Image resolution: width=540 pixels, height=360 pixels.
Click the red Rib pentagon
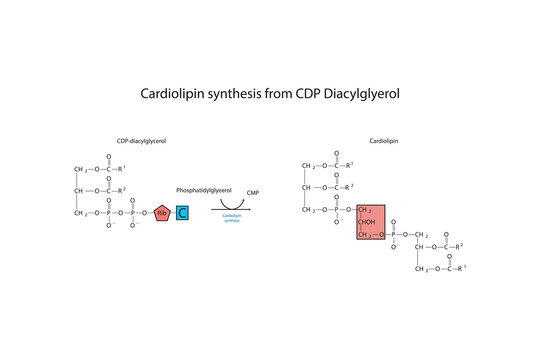pos(163,212)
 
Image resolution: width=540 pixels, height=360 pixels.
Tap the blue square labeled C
pos(183,212)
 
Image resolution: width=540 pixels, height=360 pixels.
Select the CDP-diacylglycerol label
pos(141,142)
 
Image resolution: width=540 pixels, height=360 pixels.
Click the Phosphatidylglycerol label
pos(203,189)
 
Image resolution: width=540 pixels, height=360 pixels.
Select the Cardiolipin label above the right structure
pos(382,142)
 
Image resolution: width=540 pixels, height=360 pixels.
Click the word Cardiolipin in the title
pos(171,92)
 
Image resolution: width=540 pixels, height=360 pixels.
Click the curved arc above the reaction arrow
pos(232,202)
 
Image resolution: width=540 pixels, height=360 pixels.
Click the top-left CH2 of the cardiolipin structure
pos(308,165)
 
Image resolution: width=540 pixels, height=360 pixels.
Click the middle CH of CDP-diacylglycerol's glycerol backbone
pos(79,190)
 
